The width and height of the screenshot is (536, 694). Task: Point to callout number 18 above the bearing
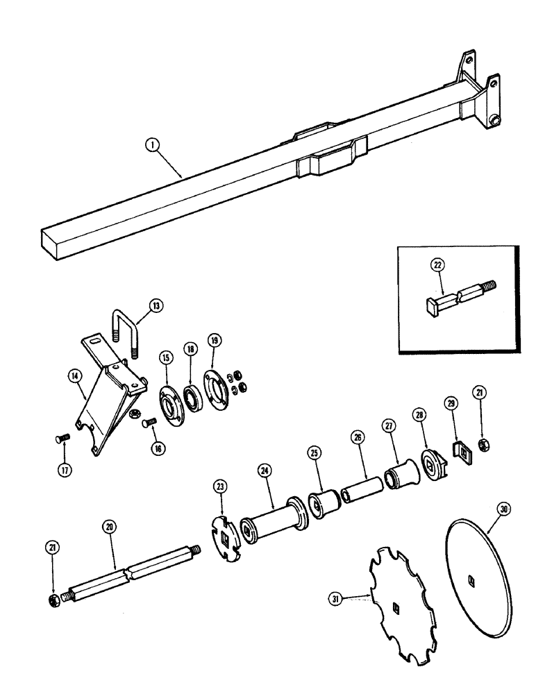click(x=190, y=349)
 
